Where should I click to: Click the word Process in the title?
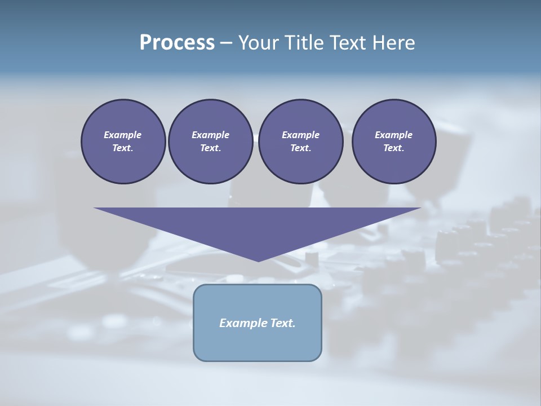[x=177, y=42]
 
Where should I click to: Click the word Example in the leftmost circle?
[x=123, y=135]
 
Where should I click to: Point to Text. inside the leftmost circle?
[x=123, y=148]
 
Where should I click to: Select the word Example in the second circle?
[x=210, y=135]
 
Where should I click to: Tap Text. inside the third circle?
[x=300, y=148]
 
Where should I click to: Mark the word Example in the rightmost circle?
[x=394, y=135]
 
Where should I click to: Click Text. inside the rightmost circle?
[x=394, y=148]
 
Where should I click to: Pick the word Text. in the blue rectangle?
[x=282, y=323]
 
